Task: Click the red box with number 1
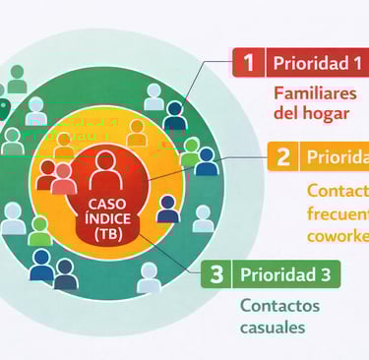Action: [248, 63]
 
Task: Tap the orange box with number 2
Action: [282, 156]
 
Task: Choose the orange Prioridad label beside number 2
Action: [336, 156]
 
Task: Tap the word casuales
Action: [272, 327]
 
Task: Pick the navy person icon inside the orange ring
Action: [167, 208]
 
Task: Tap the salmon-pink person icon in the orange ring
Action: [63, 177]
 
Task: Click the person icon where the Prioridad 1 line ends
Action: [174, 115]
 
